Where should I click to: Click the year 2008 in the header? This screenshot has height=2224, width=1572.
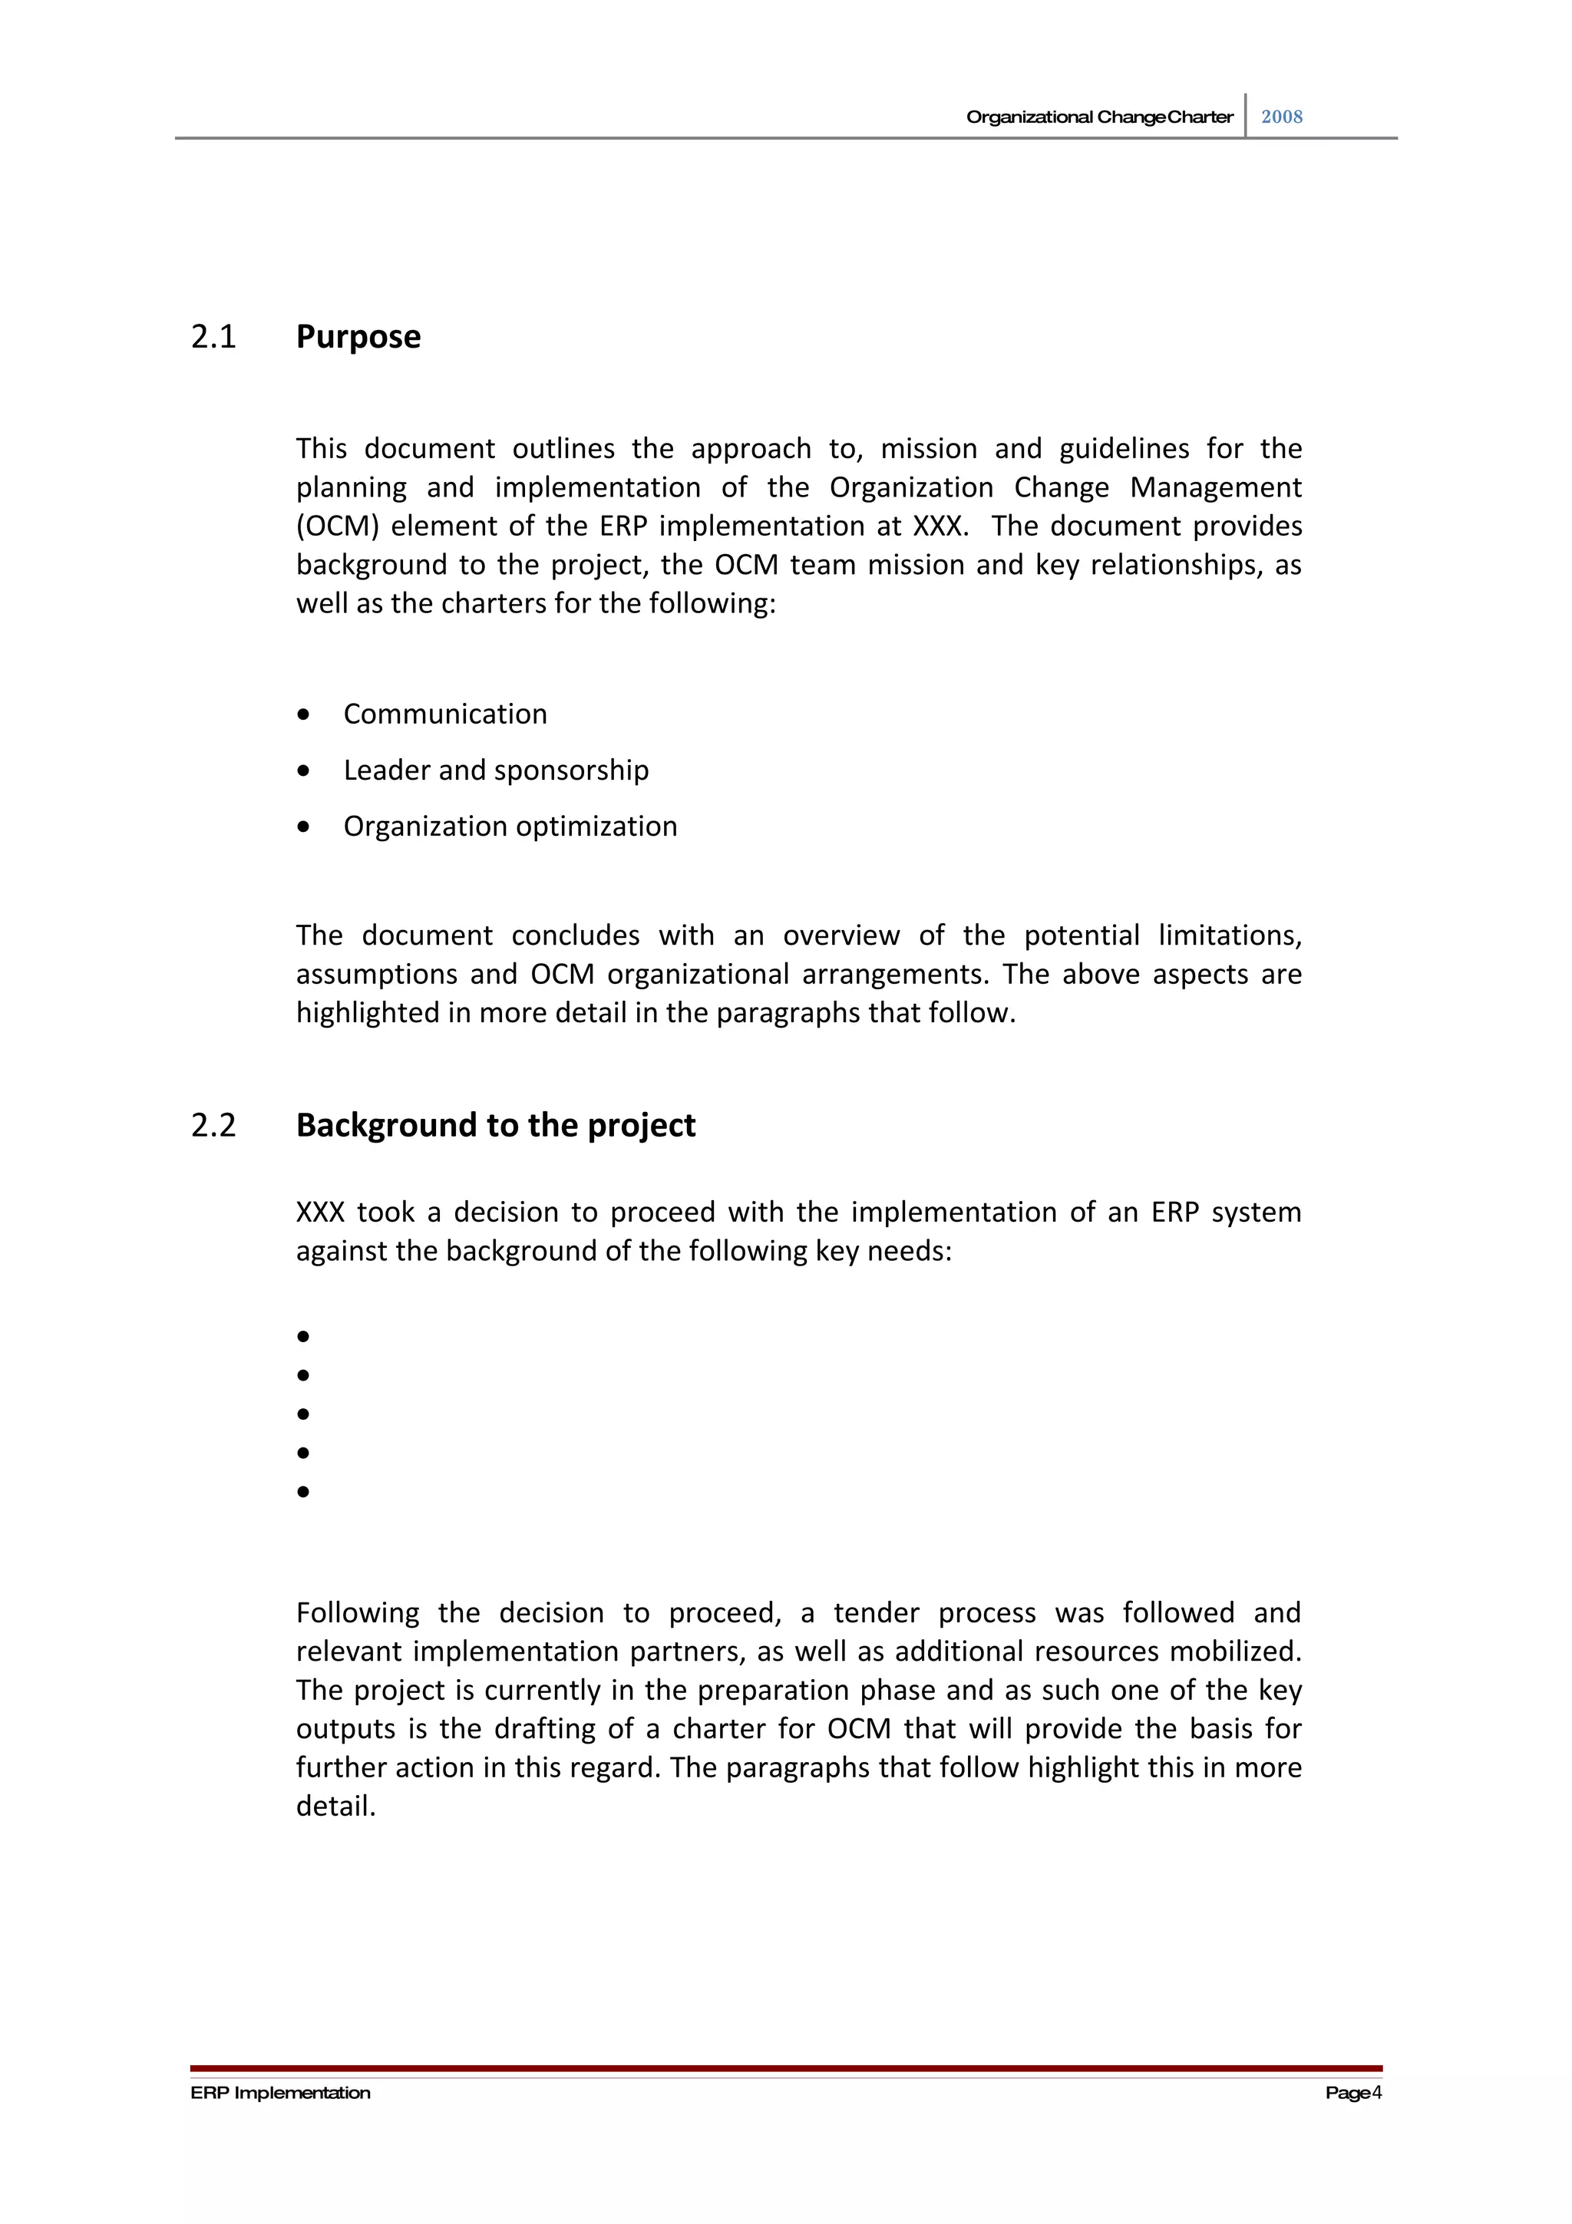(x=1280, y=117)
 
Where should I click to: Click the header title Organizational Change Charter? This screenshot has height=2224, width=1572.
(x=1098, y=117)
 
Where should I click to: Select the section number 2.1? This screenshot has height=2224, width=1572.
(x=213, y=337)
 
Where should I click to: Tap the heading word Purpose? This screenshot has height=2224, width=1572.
(x=358, y=337)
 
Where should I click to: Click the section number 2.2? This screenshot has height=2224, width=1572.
(x=213, y=1126)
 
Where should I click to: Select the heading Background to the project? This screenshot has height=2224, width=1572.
(x=495, y=1126)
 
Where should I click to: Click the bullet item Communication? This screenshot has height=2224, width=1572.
(x=444, y=714)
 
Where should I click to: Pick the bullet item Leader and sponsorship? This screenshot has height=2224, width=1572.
(x=495, y=770)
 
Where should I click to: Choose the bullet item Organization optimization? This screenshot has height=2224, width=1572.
(x=510, y=827)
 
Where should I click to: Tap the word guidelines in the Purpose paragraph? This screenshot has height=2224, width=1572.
(x=1124, y=448)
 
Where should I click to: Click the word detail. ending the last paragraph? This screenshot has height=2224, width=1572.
(x=335, y=1807)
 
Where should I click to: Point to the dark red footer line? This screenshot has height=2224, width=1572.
(x=785, y=2068)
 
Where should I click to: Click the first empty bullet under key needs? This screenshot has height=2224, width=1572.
(x=303, y=1337)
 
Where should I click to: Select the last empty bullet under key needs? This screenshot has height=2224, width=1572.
(x=303, y=1492)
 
